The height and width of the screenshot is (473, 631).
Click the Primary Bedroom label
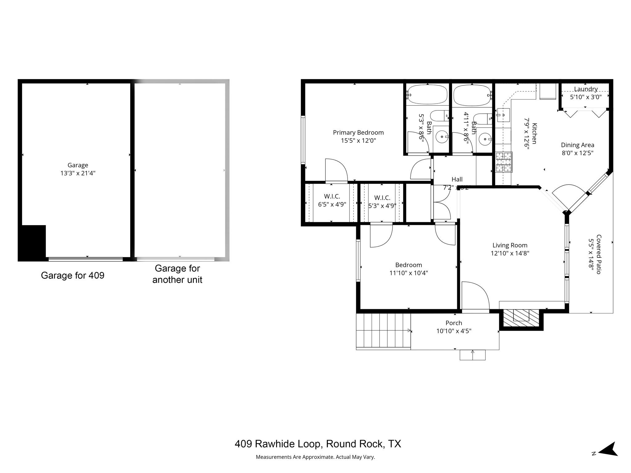tap(358, 133)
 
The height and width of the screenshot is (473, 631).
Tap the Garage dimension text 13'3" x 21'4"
tap(78, 173)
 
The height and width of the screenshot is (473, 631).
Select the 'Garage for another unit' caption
tap(177, 274)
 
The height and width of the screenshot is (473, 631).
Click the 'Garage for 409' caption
tap(72, 275)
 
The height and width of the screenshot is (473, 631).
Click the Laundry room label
tap(586, 89)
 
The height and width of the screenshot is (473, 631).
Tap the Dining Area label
tap(577, 145)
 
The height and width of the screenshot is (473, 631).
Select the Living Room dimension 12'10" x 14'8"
tap(510, 253)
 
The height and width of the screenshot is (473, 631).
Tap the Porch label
tap(454, 323)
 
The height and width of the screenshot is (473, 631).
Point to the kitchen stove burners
tap(503, 162)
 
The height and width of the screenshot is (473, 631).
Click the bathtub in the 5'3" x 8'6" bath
tap(427, 95)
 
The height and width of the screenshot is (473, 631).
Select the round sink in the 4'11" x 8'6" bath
tap(485, 139)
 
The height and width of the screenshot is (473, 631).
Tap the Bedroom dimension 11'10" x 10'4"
tap(409, 273)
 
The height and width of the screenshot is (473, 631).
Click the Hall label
tap(457, 179)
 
